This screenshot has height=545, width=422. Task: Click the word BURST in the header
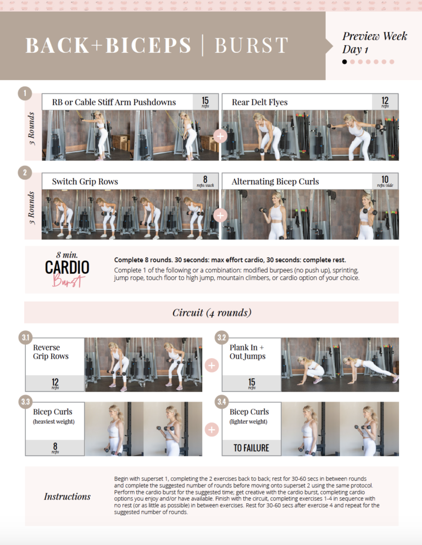tap(251, 46)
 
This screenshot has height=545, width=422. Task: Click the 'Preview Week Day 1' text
tap(367, 43)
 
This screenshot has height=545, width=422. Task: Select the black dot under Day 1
tap(345, 62)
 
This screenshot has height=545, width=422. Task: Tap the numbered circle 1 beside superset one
tap(25, 93)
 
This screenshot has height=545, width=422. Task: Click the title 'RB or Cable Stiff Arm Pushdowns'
tap(114, 102)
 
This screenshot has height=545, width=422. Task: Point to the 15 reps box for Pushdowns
tap(205, 102)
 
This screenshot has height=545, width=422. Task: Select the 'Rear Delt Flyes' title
tap(259, 102)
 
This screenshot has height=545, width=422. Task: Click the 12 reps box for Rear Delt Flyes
tap(385, 102)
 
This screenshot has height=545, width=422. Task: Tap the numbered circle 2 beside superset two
tap(25, 173)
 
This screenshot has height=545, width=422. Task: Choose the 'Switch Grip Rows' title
tap(85, 182)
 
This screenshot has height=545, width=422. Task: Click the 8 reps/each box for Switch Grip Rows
tap(205, 181)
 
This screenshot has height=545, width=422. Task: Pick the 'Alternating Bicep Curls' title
tap(275, 182)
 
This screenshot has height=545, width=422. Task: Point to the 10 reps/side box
tap(385, 181)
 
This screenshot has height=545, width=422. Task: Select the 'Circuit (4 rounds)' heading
tap(212, 313)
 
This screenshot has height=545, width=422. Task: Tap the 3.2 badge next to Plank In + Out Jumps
tap(221, 337)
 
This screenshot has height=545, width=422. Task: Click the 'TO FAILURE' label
tap(251, 448)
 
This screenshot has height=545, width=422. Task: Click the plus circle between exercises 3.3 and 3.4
tap(212, 430)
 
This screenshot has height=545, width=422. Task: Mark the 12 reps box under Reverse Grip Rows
tap(55, 383)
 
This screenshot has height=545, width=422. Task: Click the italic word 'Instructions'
tap(67, 497)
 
